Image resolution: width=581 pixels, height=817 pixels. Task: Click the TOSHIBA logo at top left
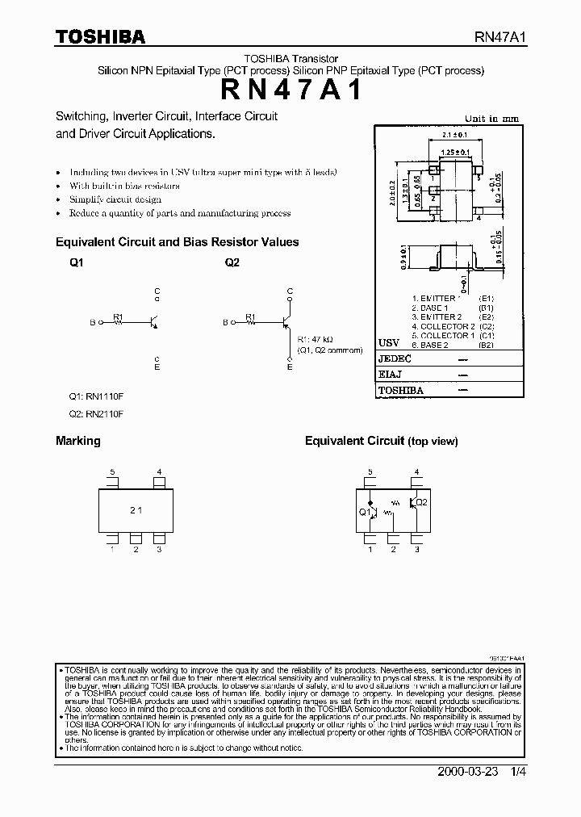click(x=100, y=37)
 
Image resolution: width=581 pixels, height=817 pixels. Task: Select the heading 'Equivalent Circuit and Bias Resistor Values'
click(x=177, y=242)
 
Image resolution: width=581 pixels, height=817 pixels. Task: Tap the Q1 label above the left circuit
click(x=76, y=263)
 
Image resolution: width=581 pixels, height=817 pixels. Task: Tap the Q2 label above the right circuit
click(x=232, y=263)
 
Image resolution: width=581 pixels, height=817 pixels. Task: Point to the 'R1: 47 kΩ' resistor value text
click(x=316, y=340)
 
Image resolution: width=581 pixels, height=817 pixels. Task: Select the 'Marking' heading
click(x=78, y=441)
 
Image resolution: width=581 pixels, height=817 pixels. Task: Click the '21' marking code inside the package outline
click(x=136, y=511)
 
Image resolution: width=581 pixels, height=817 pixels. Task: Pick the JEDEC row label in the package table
click(x=395, y=358)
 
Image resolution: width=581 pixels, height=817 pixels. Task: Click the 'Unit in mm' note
click(x=492, y=119)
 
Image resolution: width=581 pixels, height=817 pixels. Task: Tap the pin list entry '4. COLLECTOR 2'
click(x=442, y=326)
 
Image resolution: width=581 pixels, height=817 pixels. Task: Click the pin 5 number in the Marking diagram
click(x=113, y=471)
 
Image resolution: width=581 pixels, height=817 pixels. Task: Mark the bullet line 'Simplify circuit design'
click(x=115, y=199)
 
